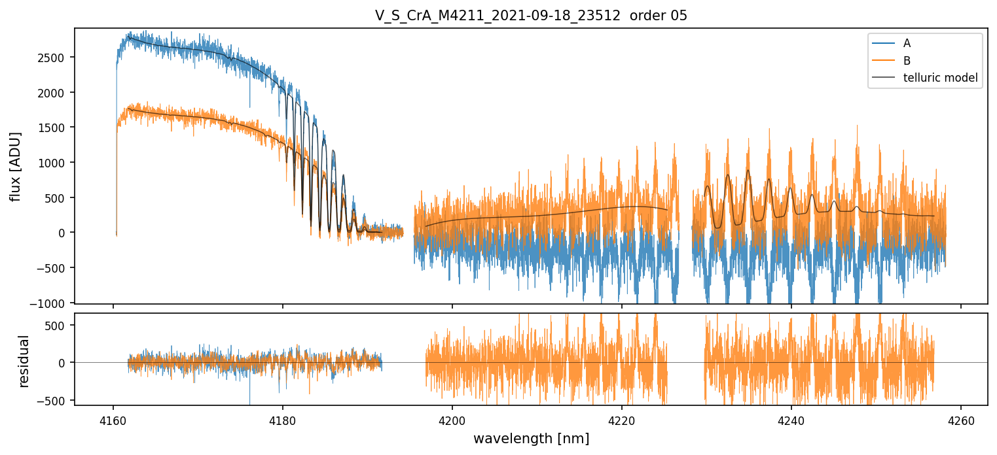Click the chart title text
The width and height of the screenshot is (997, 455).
click(531, 16)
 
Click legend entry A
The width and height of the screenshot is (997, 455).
click(907, 43)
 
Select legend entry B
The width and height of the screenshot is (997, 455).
click(907, 61)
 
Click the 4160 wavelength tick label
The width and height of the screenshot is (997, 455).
click(113, 422)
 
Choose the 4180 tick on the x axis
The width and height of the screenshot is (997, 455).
click(283, 422)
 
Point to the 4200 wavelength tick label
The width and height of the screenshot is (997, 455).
click(452, 422)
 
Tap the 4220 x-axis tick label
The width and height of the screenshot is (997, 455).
click(622, 422)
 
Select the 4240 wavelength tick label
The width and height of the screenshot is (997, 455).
click(791, 422)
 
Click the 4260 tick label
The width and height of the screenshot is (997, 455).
click(961, 422)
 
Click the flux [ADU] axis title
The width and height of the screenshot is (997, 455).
click(15, 166)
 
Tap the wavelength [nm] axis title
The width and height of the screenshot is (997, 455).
click(531, 439)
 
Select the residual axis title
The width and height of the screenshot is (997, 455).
click(25, 361)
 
